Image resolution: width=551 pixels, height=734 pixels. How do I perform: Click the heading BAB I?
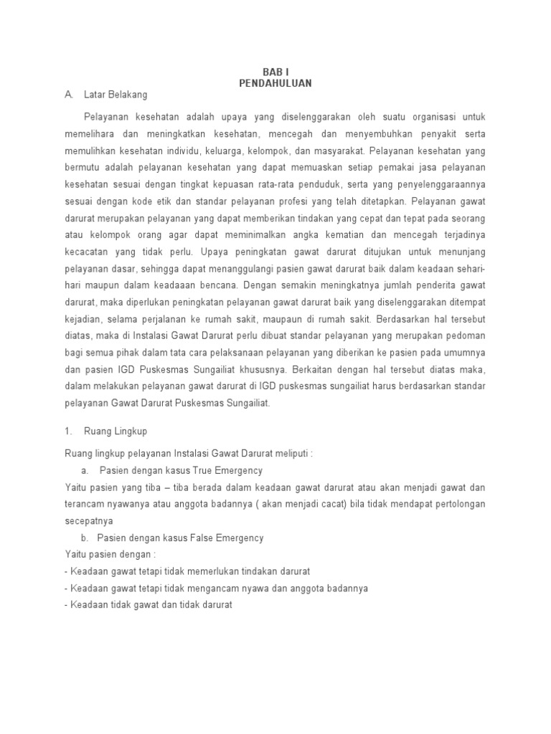tap(275, 72)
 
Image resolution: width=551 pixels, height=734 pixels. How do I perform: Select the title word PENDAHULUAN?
tap(275, 83)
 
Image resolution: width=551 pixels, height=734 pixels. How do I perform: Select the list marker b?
tap(85, 538)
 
